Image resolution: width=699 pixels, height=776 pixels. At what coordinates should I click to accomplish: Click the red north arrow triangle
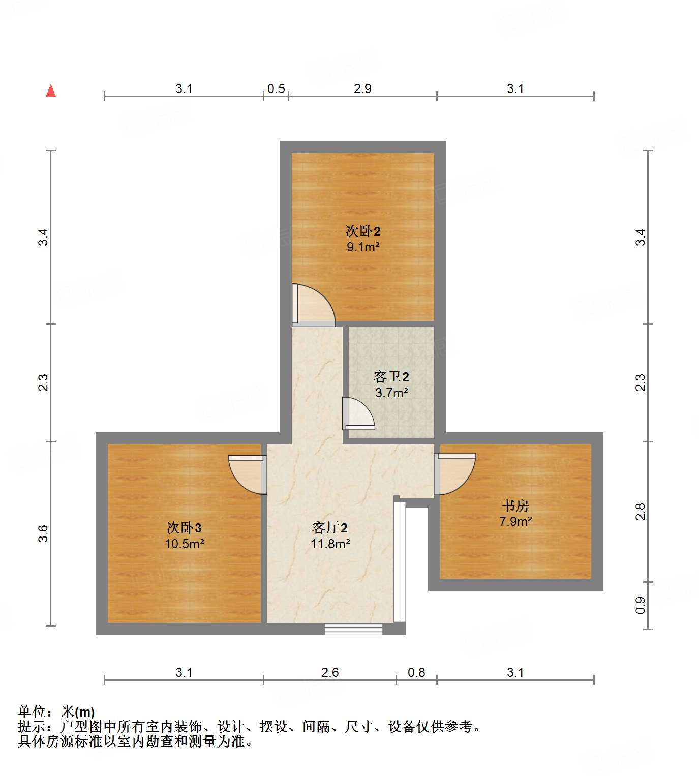click(51, 91)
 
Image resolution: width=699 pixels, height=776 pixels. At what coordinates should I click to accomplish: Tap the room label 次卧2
click(363, 231)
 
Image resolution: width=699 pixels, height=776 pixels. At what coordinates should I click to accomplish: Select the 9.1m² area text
click(363, 247)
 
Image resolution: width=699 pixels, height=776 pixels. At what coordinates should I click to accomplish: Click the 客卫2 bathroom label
click(391, 377)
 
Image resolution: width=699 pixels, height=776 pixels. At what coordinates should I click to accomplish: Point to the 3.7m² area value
click(391, 393)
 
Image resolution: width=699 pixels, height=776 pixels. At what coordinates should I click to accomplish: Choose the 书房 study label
click(515, 505)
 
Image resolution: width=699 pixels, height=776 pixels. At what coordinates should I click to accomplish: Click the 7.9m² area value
click(515, 521)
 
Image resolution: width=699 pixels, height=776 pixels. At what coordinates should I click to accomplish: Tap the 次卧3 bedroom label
click(184, 528)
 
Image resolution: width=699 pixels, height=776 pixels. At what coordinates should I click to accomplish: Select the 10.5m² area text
click(184, 544)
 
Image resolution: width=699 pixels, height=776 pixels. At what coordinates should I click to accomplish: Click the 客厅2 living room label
click(330, 528)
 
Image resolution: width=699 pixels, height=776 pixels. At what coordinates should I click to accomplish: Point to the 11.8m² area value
click(330, 544)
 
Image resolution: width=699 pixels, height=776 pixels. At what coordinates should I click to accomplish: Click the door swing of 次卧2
click(312, 306)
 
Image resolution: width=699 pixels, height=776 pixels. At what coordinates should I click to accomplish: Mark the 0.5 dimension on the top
click(276, 89)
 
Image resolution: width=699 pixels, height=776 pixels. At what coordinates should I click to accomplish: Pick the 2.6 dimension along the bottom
click(330, 672)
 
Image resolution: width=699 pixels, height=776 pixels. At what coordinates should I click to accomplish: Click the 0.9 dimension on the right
click(640, 605)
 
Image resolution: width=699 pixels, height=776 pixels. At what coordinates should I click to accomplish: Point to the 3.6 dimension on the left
click(43, 533)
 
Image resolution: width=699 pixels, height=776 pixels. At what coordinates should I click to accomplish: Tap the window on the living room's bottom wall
click(354, 630)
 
